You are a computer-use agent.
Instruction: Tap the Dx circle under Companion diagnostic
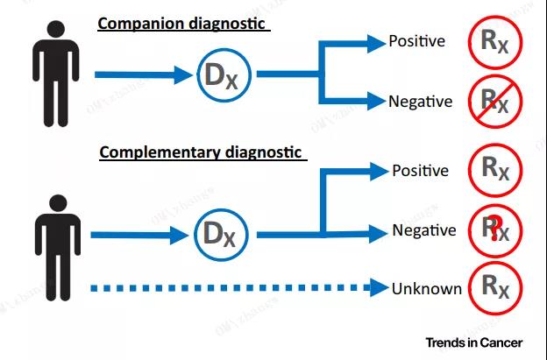(x=224, y=75)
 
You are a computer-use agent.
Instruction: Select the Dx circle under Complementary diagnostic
(x=221, y=235)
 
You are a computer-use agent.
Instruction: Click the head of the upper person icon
(x=56, y=29)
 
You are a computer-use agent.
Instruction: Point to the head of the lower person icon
(x=58, y=203)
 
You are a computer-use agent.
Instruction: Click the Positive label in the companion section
(x=417, y=41)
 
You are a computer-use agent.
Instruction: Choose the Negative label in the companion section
(x=421, y=102)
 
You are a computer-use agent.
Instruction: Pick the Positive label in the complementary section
(x=421, y=171)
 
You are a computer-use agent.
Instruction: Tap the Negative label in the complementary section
(x=424, y=230)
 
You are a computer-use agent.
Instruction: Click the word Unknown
(x=427, y=289)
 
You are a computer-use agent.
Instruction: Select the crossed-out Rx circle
(x=495, y=102)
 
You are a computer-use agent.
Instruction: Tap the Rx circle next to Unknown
(x=495, y=288)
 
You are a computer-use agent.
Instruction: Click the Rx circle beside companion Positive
(x=495, y=42)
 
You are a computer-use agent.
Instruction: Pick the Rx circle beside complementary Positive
(x=495, y=171)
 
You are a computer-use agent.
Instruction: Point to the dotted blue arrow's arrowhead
(x=379, y=288)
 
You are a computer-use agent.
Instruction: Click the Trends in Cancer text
(x=473, y=342)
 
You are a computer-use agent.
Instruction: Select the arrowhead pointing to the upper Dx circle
(x=183, y=75)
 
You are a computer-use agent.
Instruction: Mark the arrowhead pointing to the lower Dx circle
(x=180, y=236)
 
